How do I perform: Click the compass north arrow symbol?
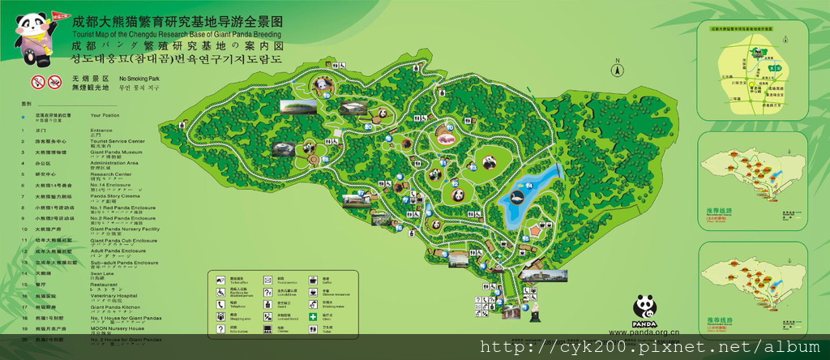pyautogui.click(x=617, y=67)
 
